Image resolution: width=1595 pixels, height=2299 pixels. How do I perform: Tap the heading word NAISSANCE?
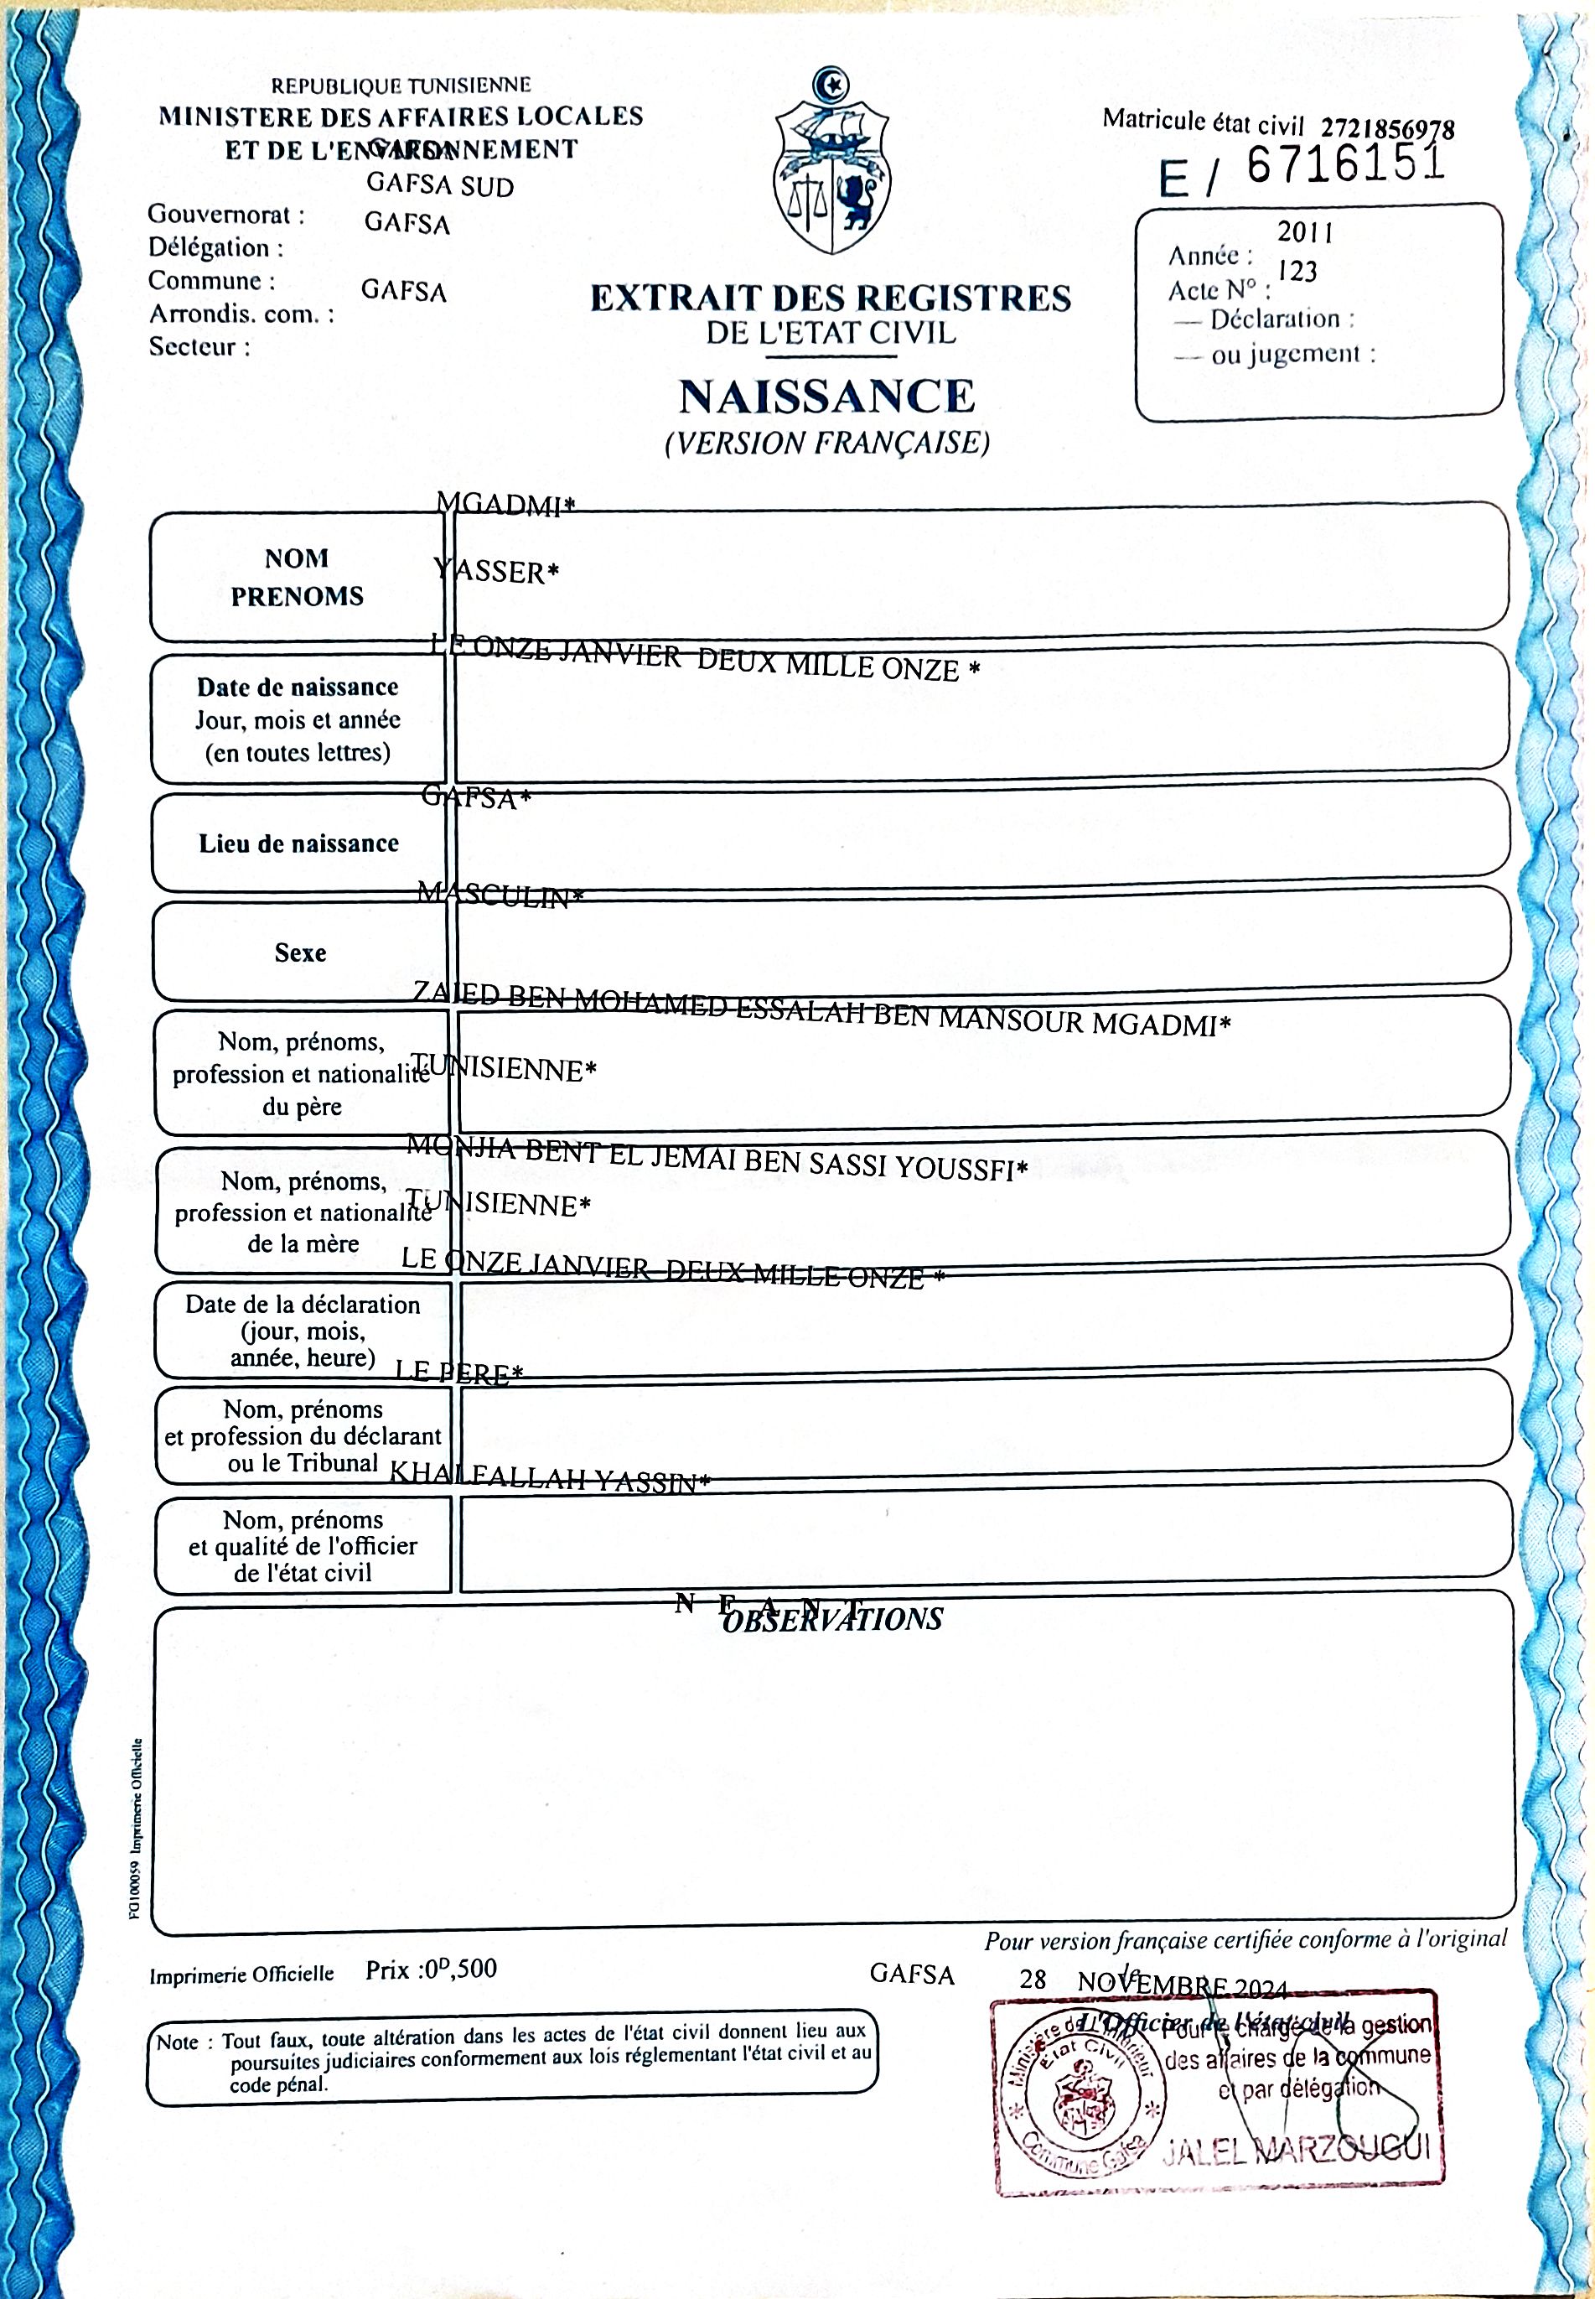click(x=827, y=397)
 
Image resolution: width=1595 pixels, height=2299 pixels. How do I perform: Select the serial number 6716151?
click(x=1345, y=165)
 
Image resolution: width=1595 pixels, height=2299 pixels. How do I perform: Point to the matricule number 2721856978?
click(x=1387, y=129)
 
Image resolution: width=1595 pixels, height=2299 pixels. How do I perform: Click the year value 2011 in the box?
click(x=1304, y=233)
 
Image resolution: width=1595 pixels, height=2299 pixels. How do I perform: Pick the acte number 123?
click(x=1297, y=272)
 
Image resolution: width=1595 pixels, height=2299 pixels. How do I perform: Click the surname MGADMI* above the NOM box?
click(x=507, y=505)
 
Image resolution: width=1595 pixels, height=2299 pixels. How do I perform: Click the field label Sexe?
click(x=301, y=952)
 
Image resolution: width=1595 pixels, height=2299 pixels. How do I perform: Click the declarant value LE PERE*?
click(x=458, y=1373)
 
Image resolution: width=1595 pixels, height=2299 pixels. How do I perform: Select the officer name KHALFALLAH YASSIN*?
click(x=549, y=1477)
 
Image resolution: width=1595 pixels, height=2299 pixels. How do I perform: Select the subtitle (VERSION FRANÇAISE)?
click(x=827, y=443)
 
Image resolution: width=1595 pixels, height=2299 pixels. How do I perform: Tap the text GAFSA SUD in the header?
click(x=440, y=186)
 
